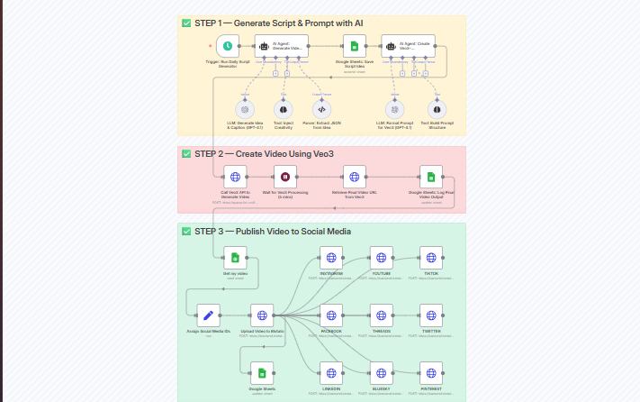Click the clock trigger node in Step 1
(228, 46)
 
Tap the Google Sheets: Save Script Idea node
(355, 46)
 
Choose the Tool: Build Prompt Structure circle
(436, 109)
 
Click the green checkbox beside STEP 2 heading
(186, 154)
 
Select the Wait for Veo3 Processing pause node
(285, 177)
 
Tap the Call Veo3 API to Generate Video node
(235, 177)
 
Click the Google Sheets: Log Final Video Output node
(431, 177)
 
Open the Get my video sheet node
(235, 258)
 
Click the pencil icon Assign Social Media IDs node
(209, 315)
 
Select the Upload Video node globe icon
(262, 315)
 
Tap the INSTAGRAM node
(331, 258)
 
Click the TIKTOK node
(431, 258)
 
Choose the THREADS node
(382, 315)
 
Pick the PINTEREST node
(431, 373)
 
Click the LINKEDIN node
(331, 373)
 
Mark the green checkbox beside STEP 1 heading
(186, 23)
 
